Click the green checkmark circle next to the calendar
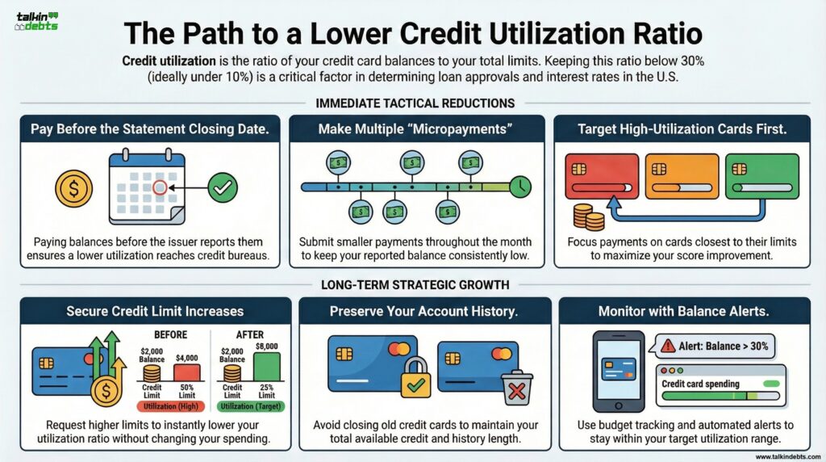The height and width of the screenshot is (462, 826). (223, 188)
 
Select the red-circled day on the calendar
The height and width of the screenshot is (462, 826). (160, 187)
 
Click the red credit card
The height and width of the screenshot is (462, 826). (602, 177)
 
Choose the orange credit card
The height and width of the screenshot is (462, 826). (682, 177)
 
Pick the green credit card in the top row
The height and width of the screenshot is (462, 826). (761, 177)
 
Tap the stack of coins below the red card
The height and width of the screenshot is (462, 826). (589, 216)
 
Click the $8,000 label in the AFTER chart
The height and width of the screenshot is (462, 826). (266, 345)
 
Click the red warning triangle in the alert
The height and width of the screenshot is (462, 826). (668, 346)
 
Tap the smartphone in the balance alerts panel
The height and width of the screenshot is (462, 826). (619, 371)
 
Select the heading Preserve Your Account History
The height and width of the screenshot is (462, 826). (425, 311)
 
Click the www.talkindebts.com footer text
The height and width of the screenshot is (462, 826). (786, 456)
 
